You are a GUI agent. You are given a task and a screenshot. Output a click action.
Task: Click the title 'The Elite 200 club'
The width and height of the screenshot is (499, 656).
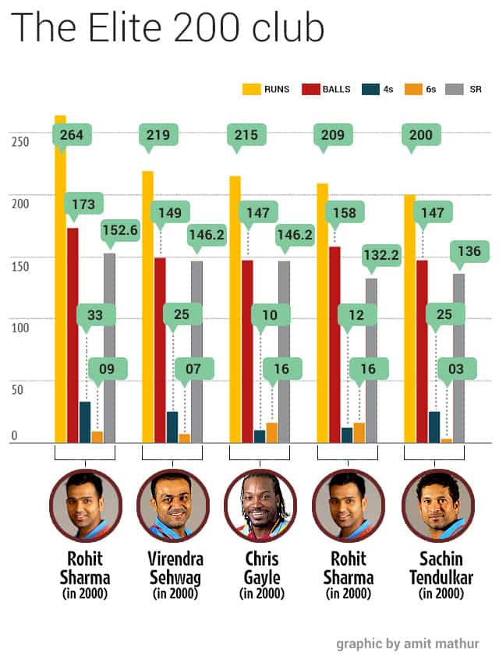pos(167,27)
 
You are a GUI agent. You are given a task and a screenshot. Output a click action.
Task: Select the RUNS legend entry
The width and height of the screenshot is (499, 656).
pos(266,89)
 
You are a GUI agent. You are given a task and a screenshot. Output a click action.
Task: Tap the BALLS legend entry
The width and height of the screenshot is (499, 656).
pos(326,89)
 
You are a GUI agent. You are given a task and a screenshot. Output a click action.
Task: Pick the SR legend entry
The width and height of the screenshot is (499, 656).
pos(464,89)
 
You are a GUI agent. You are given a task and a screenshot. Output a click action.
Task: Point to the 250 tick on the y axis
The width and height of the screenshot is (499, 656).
pos(20,142)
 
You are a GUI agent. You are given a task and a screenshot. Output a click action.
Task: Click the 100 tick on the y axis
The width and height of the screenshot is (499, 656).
pos(20,327)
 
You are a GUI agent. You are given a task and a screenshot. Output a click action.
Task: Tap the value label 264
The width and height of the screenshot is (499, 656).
pos(72,135)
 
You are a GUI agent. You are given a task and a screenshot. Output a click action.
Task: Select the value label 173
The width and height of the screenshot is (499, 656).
pos(83,204)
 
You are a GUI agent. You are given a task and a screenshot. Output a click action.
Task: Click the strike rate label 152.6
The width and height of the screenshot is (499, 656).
pos(121,229)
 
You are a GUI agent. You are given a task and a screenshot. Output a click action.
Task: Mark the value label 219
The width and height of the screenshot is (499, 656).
pos(158,135)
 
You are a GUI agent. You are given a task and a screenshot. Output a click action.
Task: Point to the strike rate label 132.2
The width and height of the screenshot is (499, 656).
pos(381,255)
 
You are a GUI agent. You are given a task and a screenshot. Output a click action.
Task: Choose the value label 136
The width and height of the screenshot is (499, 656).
pos(469,251)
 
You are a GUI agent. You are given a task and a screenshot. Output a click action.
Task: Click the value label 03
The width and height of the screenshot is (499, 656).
pos(456,369)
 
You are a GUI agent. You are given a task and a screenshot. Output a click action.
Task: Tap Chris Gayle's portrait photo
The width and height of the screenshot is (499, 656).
pos(260,505)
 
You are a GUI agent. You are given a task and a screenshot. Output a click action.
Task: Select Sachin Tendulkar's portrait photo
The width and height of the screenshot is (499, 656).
pos(438,505)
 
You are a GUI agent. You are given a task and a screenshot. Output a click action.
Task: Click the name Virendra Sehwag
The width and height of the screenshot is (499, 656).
pos(175,568)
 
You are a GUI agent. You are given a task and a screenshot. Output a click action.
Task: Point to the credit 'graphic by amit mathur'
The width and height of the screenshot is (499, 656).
pos(408,643)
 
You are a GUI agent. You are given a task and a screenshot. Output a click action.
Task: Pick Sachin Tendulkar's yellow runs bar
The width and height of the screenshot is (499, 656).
pos(409,319)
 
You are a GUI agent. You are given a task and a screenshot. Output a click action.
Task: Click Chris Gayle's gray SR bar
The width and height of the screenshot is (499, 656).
pos(284,352)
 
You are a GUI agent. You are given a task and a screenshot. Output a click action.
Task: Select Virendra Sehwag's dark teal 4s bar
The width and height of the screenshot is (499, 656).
pos(172,427)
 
